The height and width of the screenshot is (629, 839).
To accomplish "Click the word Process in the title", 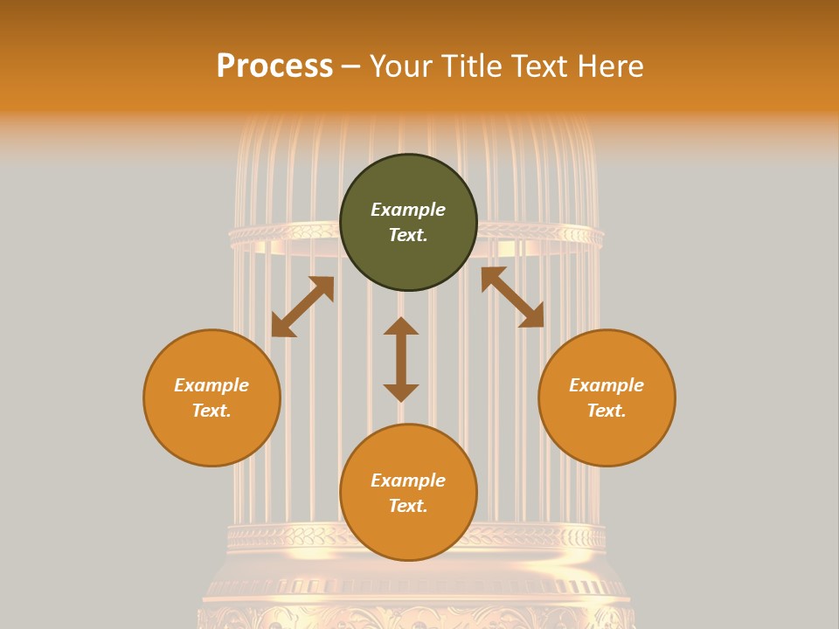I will (274, 66).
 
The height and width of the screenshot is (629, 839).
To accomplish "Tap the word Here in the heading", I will (609, 66).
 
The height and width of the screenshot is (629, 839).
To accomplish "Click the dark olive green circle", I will (408, 222).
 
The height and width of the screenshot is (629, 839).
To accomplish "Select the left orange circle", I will (211, 397).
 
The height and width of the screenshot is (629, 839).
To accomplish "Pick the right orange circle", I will (607, 397).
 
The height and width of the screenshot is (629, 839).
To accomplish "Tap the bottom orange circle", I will (408, 492).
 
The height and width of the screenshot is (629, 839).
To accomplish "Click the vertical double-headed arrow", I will (401, 359).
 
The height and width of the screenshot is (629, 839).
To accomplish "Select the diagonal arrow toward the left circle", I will (302, 307).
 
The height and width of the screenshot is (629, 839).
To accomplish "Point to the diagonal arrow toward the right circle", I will (512, 297).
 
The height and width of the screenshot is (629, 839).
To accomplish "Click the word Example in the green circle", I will (408, 210).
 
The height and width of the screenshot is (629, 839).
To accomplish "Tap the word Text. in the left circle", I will (211, 411).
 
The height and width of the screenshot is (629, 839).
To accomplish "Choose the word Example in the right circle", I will (607, 385).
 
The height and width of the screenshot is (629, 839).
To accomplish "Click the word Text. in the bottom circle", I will (408, 506).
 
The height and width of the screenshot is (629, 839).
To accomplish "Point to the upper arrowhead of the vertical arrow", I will (401, 326).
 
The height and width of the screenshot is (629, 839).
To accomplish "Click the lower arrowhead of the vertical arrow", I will (401, 392).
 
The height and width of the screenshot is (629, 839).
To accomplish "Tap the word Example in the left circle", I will (211, 385).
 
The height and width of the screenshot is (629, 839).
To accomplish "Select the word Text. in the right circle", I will (607, 411).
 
